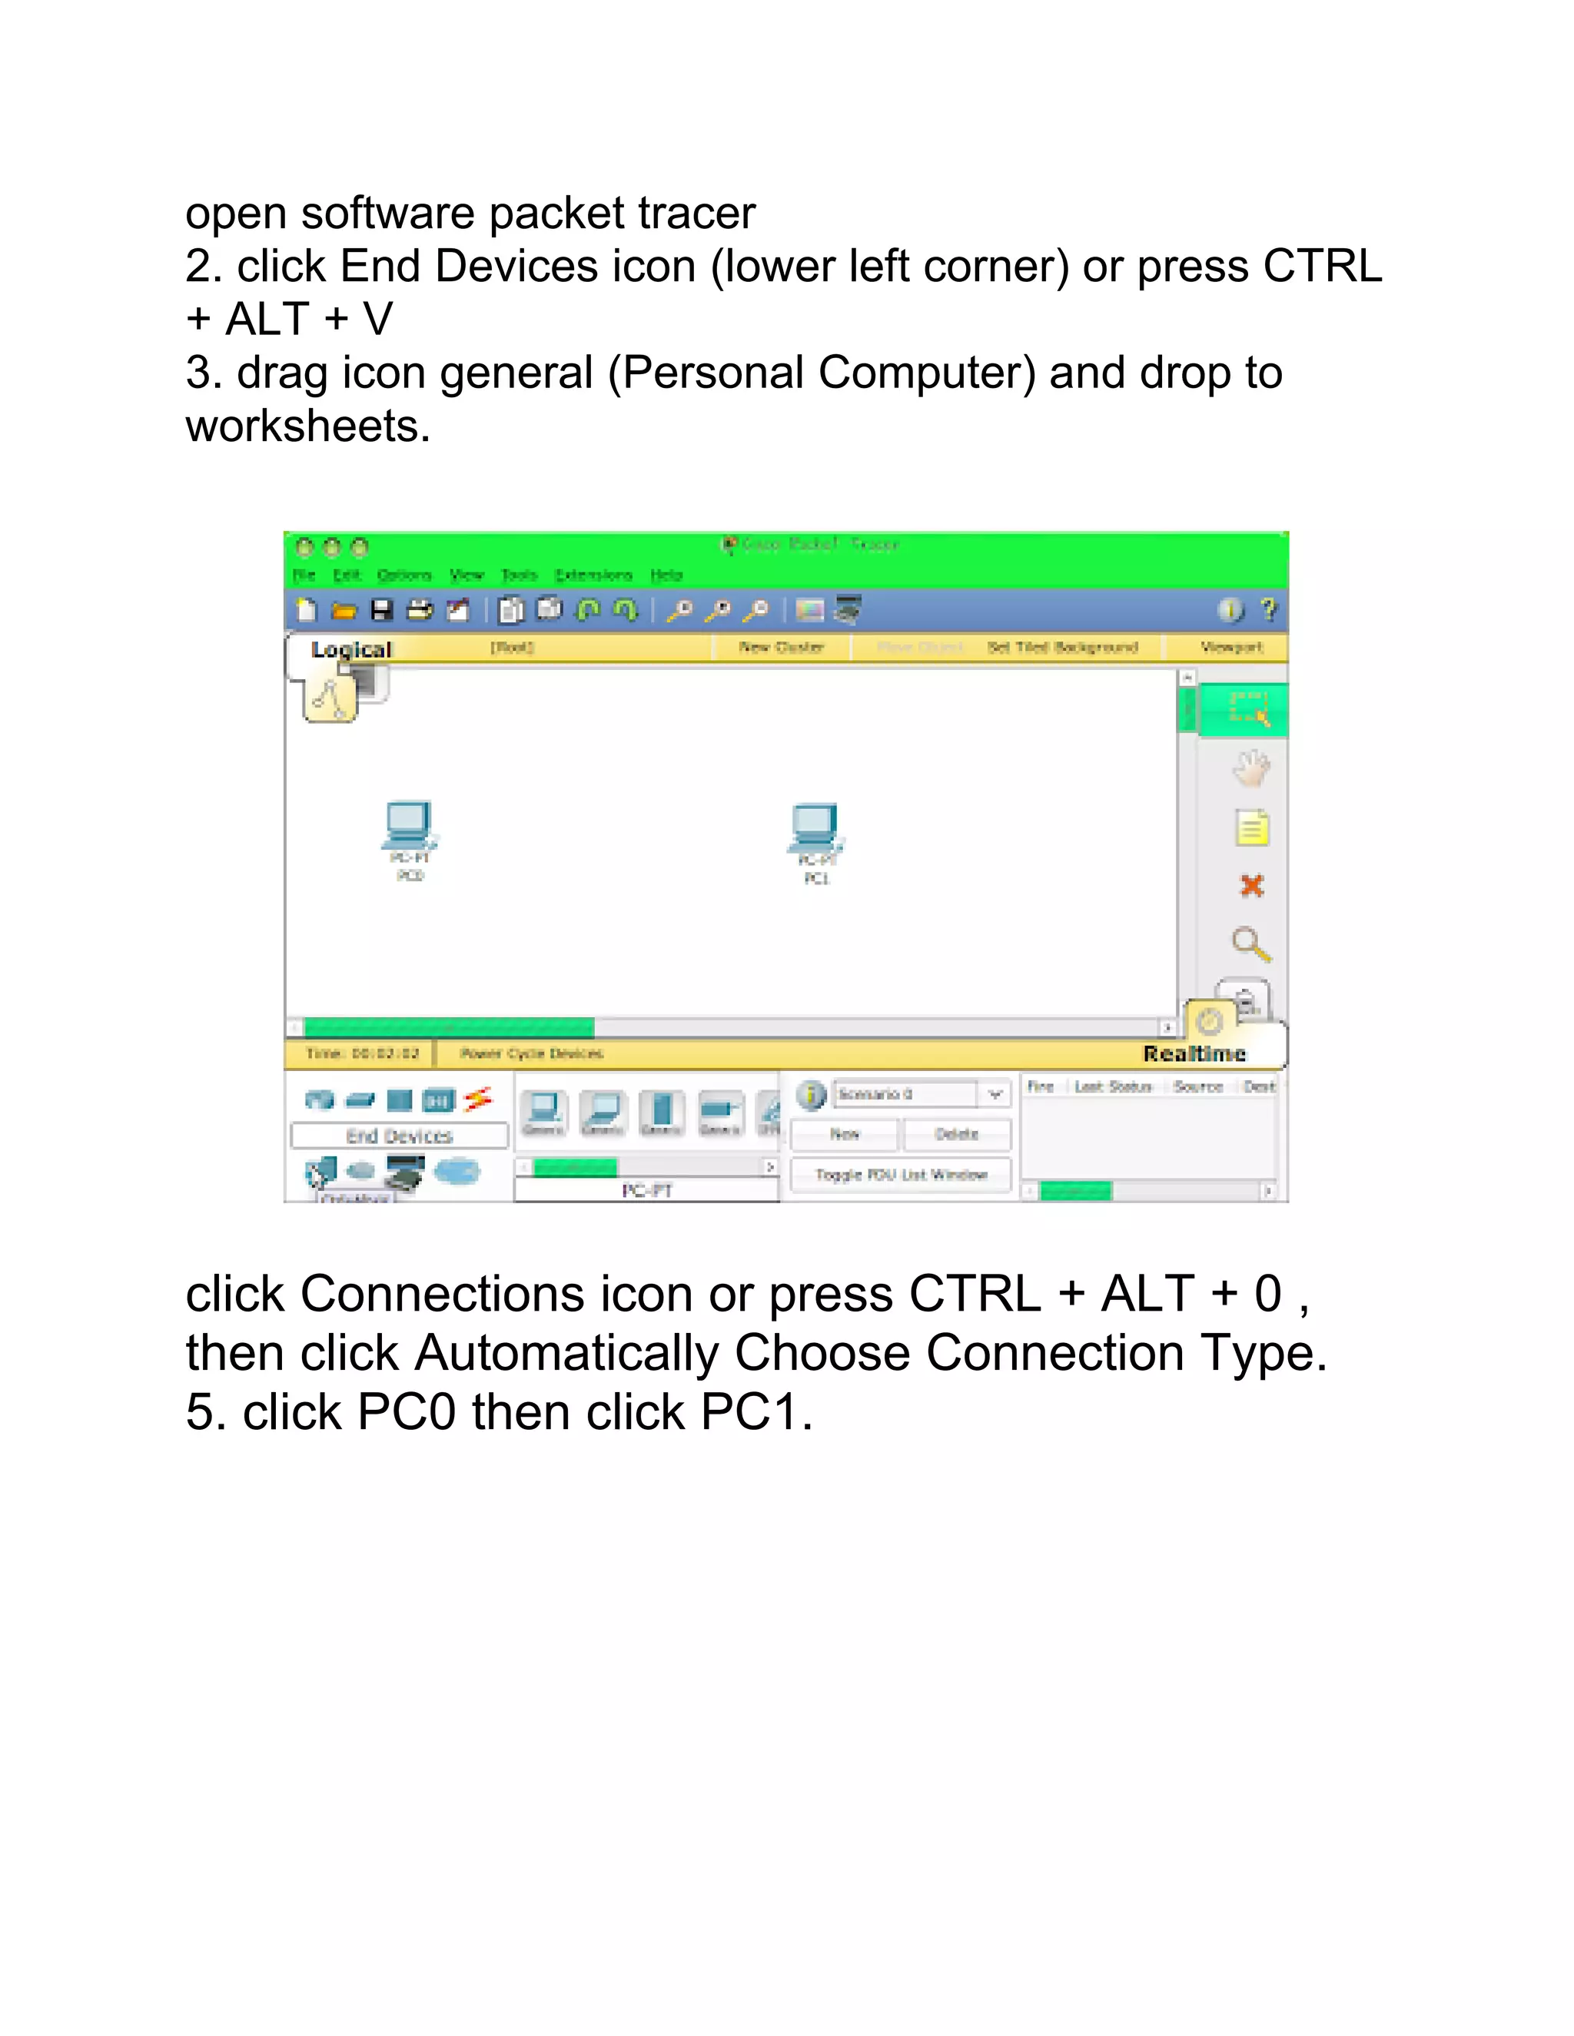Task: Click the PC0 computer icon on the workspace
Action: pos(408,826)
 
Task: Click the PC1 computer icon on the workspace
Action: pos(815,827)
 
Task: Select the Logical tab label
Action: pos(351,650)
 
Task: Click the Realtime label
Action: pos(1194,1053)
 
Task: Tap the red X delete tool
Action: pos(1251,886)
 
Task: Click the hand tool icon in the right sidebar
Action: pos(1251,768)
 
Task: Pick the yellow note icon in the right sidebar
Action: pos(1251,827)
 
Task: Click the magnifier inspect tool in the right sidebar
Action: pos(1250,944)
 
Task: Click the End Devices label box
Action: pos(399,1136)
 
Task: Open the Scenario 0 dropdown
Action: pos(995,1093)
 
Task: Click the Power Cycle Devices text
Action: pos(532,1053)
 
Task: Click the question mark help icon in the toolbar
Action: pos(1268,610)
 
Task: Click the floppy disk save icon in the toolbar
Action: pos(381,611)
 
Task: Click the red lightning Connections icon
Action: pos(478,1099)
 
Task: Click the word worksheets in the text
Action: pos(307,427)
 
